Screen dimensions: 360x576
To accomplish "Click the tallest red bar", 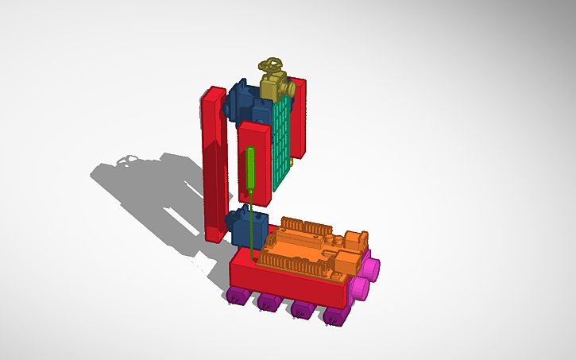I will pyautogui.click(x=214, y=167).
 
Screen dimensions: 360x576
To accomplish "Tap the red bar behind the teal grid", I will pyautogui.click(x=300, y=119).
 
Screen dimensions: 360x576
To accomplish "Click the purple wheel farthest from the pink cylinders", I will pyautogui.click(x=236, y=297).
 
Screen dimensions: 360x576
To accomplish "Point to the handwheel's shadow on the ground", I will pyautogui.click(x=125, y=160).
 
